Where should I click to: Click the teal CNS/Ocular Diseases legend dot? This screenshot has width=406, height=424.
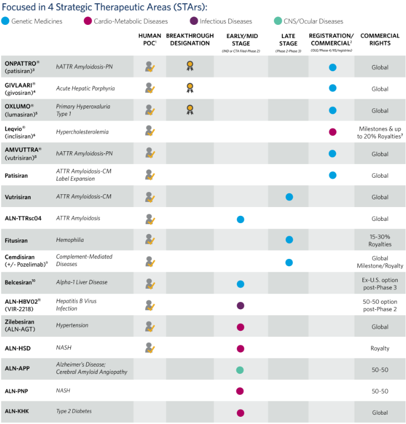(x=278, y=22)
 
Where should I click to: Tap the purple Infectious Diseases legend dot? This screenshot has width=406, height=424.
(x=193, y=22)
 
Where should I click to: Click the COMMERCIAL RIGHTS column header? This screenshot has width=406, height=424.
(x=379, y=39)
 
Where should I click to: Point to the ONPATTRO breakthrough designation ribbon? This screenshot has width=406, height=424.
(x=189, y=66)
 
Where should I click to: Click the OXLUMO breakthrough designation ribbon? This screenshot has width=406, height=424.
(x=189, y=109)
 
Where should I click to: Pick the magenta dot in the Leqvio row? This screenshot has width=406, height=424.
(x=333, y=132)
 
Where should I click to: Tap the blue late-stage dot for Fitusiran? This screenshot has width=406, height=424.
(x=289, y=240)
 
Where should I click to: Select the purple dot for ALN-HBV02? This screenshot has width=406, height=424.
(x=240, y=305)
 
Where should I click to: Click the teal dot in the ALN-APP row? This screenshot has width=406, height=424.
(x=240, y=370)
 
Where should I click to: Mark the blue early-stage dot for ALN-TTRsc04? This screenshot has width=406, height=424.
(x=240, y=219)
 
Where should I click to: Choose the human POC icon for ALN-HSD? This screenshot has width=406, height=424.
(x=149, y=348)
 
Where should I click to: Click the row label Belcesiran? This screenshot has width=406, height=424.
(x=20, y=282)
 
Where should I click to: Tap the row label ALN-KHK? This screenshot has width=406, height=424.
(x=18, y=411)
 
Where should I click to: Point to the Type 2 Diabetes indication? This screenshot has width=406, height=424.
(x=74, y=411)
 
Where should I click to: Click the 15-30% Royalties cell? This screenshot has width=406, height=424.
(x=379, y=240)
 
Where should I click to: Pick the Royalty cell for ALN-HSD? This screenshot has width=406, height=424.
(x=379, y=348)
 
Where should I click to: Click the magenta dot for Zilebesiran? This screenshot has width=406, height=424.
(x=240, y=327)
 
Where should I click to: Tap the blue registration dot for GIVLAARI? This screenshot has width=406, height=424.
(x=333, y=88)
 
